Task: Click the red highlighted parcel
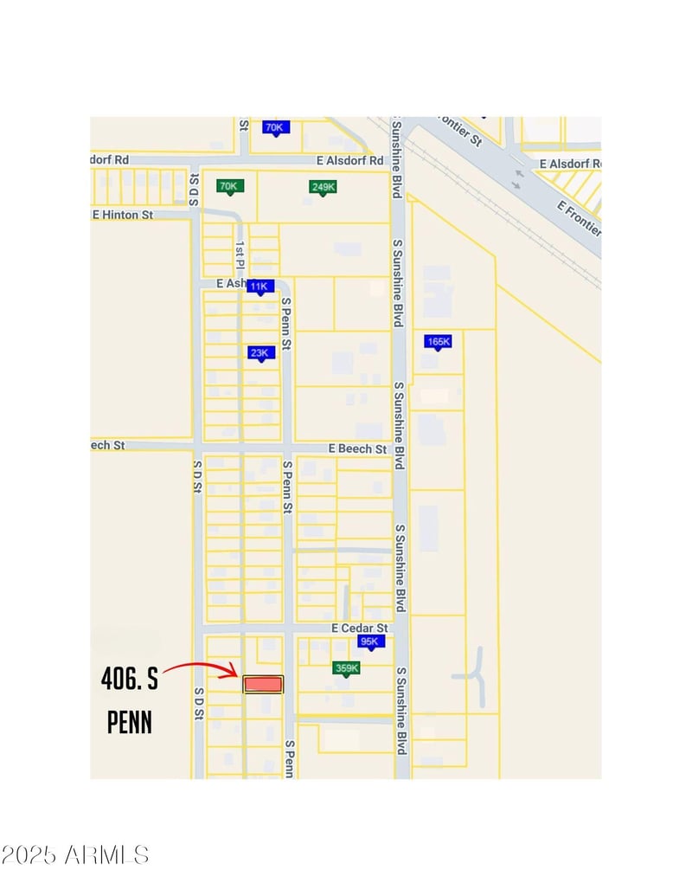click(263, 684)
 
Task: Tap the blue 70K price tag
click(274, 128)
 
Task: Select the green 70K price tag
click(228, 186)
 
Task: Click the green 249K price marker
click(323, 187)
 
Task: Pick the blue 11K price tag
click(259, 287)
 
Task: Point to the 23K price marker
click(259, 353)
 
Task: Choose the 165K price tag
click(439, 343)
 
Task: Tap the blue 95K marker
click(370, 641)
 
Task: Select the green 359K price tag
click(346, 668)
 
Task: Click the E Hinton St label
click(123, 214)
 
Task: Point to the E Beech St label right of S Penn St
click(357, 448)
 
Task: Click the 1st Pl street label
click(240, 251)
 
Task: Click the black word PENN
click(130, 722)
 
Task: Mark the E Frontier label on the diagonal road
click(578, 219)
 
